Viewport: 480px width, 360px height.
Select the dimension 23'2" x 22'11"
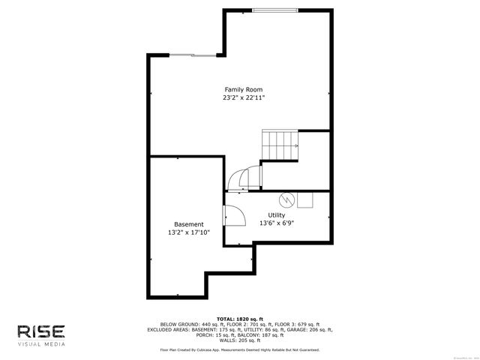pyautogui.click(x=243, y=97)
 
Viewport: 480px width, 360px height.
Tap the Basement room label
pyautogui.click(x=188, y=224)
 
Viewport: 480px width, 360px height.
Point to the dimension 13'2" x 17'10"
pyautogui.click(x=188, y=232)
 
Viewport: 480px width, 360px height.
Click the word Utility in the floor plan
pyautogui.click(x=276, y=215)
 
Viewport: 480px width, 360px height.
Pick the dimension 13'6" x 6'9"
pyautogui.click(x=276, y=223)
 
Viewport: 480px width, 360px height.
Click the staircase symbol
pyautogui.click(x=280, y=144)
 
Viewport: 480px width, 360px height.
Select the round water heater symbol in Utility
pyautogui.click(x=286, y=199)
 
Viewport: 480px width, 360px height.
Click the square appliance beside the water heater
pyautogui.click(x=304, y=199)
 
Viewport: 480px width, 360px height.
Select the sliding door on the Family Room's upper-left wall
pyautogui.click(x=193, y=55)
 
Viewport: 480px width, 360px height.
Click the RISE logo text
pyautogui.click(x=41, y=331)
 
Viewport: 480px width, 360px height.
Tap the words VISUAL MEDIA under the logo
pyautogui.click(x=41, y=344)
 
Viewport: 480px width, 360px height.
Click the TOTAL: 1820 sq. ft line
pyautogui.click(x=239, y=319)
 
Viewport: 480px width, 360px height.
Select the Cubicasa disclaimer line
pyautogui.click(x=239, y=349)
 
